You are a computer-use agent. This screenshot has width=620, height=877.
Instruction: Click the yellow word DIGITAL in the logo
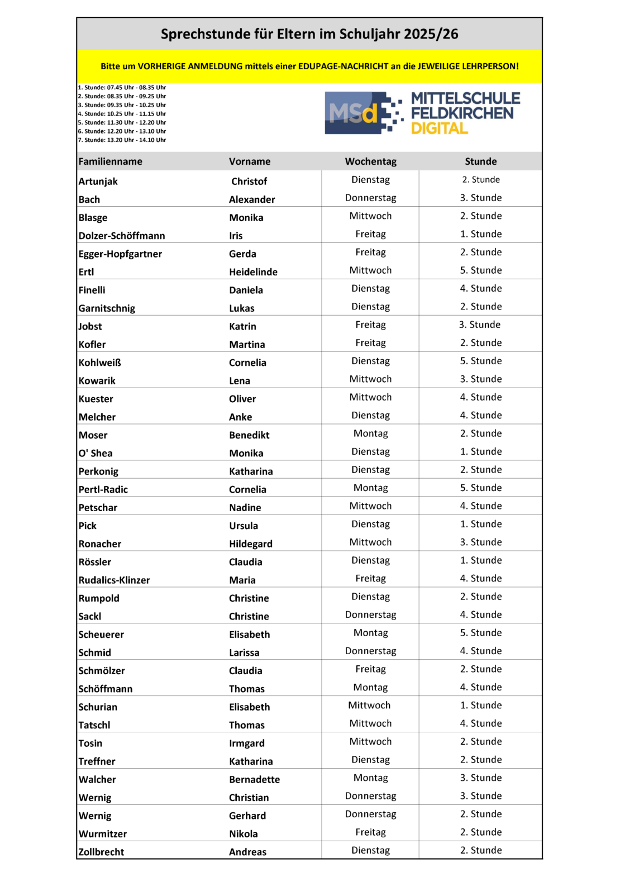[x=439, y=128]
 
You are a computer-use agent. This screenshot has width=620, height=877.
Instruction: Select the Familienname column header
[x=110, y=161]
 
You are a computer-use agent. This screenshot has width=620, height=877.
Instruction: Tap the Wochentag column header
[x=370, y=161]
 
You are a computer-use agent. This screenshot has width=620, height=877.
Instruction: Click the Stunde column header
[x=480, y=161]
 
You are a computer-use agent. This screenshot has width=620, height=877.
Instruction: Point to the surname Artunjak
[x=98, y=182]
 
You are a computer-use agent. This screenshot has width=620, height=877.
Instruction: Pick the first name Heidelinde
[x=253, y=272]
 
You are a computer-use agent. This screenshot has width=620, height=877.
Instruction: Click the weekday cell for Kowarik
[x=370, y=379]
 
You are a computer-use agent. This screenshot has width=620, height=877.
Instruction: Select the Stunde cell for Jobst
[x=480, y=325]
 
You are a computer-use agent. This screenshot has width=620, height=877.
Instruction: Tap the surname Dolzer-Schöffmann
[x=122, y=236]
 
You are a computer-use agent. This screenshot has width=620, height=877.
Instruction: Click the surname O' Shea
[x=96, y=453]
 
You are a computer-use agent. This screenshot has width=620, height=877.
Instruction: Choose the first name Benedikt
[x=249, y=435]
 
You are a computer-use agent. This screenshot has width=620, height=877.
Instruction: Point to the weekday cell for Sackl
[x=370, y=614]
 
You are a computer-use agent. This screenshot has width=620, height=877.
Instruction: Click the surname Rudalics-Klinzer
[x=114, y=580]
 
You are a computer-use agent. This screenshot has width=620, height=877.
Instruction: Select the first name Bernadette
[x=254, y=779]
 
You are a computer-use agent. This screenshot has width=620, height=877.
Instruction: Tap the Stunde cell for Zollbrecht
[x=480, y=850]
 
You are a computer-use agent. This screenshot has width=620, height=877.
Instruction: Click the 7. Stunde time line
[x=122, y=140]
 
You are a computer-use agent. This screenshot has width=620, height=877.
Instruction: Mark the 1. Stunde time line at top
[x=122, y=88]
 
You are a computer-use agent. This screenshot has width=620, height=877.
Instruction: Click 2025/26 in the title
[x=431, y=34]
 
